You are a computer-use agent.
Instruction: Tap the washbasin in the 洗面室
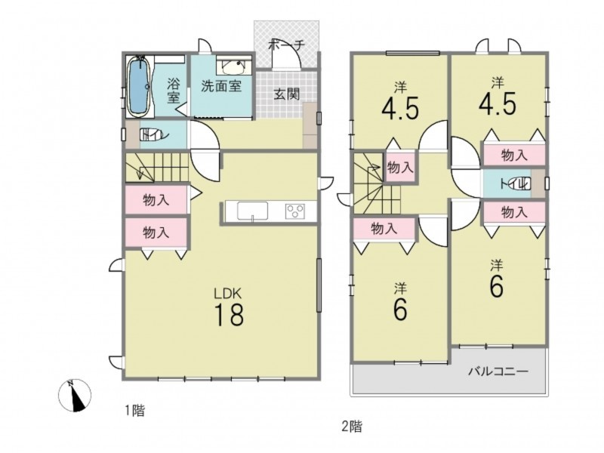click(x=234, y=67)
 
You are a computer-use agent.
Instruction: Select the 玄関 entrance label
click(x=287, y=94)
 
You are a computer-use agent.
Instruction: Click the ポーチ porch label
click(x=286, y=45)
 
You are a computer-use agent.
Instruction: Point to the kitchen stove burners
click(x=295, y=211)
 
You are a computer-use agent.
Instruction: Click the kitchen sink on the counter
click(x=253, y=211)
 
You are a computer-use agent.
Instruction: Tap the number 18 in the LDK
click(x=229, y=315)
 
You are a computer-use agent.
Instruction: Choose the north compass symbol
click(x=75, y=396)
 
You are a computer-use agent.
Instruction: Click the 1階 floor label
click(x=134, y=411)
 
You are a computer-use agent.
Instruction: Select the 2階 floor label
click(x=352, y=426)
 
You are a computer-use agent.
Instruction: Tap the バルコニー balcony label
click(x=498, y=371)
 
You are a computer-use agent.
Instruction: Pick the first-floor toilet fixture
click(x=152, y=135)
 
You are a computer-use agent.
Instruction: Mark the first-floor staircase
click(x=157, y=168)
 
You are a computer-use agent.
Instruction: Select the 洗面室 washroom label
click(x=221, y=86)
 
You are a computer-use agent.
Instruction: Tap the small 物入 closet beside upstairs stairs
click(x=400, y=167)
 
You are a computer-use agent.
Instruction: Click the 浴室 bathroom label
click(x=174, y=90)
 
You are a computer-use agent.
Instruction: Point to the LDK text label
click(x=228, y=294)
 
